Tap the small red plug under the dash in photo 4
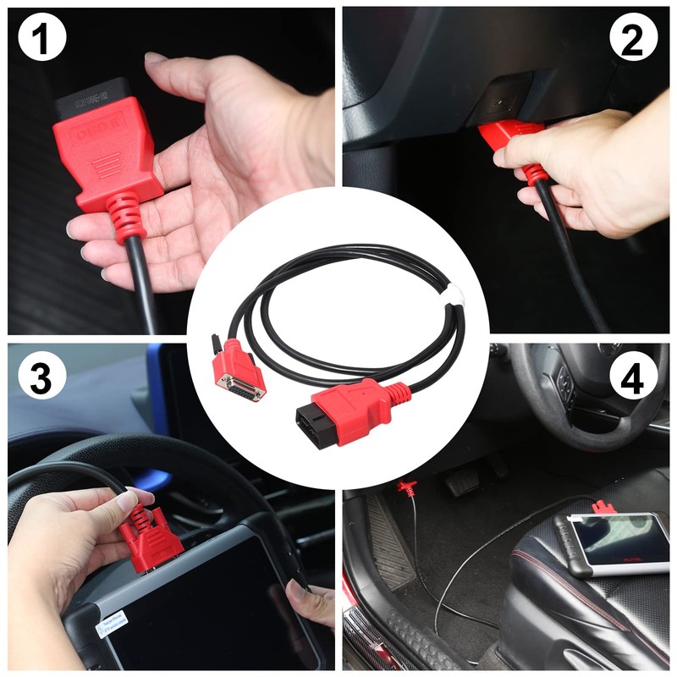(x=407, y=487)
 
